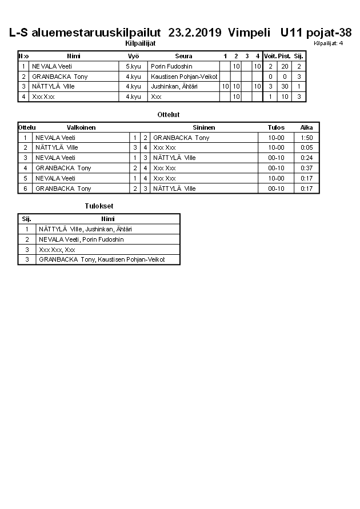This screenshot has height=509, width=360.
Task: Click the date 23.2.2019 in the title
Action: point(195,33)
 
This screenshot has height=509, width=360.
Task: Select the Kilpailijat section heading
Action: point(140,43)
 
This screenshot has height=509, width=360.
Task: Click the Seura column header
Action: point(183,56)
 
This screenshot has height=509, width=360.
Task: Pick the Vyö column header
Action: point(133,56)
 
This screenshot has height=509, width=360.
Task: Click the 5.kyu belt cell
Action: point(133,66)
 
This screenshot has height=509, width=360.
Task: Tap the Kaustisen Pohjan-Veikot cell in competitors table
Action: point(184,77)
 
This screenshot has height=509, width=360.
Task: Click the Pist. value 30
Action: point(284,87)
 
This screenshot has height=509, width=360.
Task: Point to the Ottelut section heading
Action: point(169,115)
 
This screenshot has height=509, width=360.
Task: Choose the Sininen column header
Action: point(203,127)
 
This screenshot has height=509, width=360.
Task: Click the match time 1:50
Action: point(307,138)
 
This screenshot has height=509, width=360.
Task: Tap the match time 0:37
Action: point(307,168)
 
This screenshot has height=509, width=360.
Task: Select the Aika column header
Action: point(307,127)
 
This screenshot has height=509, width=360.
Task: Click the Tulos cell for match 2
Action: point(276,147)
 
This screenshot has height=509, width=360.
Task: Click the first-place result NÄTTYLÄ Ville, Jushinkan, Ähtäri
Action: point(89,229)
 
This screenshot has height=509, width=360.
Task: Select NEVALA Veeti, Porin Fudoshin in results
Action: point(81,239)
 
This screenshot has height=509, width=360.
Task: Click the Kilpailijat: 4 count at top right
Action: point(328,43)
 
